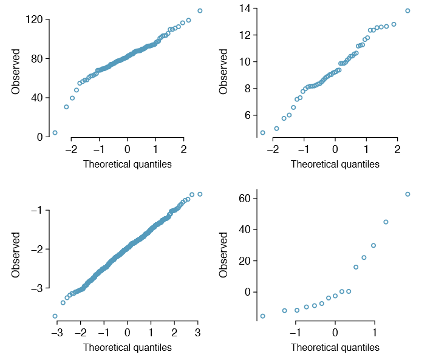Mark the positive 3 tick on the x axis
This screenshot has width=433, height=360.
(197, 333)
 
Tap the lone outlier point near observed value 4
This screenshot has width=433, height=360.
(55, 132)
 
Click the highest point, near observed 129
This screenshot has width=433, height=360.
(200, 11)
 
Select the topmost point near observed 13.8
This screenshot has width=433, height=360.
(407, 11)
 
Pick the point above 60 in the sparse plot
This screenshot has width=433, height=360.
(407, 194)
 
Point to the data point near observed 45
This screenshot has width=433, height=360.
(386, 222)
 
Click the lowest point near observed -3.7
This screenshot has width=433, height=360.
(55, 316)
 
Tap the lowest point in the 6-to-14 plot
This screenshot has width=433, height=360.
(263, 133)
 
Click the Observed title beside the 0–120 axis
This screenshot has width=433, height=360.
(16, 72)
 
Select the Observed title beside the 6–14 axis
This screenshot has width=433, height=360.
(224, 72)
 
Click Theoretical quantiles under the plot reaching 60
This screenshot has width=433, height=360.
(335, 348)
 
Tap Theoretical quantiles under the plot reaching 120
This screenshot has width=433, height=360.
(128, 164)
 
